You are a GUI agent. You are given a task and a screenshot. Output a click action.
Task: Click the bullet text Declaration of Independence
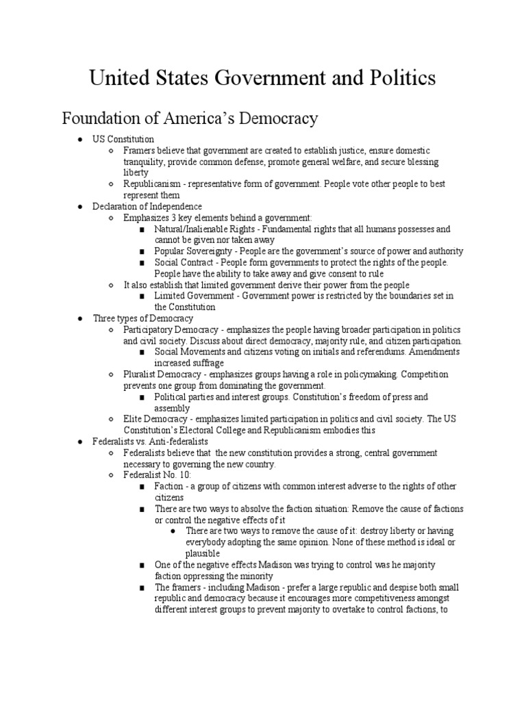[x=147, y=206]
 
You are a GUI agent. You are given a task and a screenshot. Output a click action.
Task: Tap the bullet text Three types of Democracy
[x=143, y=318]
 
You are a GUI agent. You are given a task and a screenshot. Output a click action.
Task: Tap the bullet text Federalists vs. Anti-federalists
[x=150, y=442]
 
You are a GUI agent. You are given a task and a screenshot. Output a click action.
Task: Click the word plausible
[x=203, y=553]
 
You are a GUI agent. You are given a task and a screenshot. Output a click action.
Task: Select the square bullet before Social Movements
[x=141, y=352]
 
